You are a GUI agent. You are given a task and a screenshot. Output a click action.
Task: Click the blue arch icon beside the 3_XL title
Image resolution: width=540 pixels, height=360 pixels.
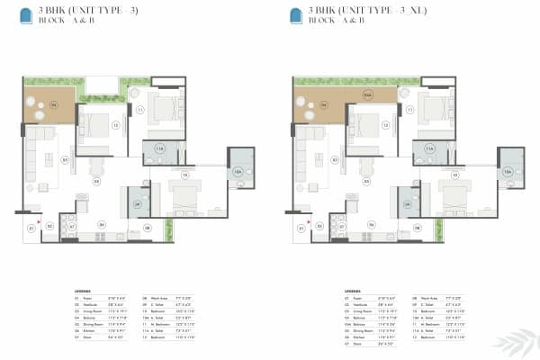pyautogui.click(x=296, y=15)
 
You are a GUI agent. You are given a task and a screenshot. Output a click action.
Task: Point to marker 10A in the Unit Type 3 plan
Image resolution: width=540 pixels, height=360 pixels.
pyautogui.click(x=238, y=171)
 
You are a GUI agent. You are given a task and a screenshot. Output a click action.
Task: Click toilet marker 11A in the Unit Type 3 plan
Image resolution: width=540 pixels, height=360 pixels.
pyautogui.click(x=160, y=148)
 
